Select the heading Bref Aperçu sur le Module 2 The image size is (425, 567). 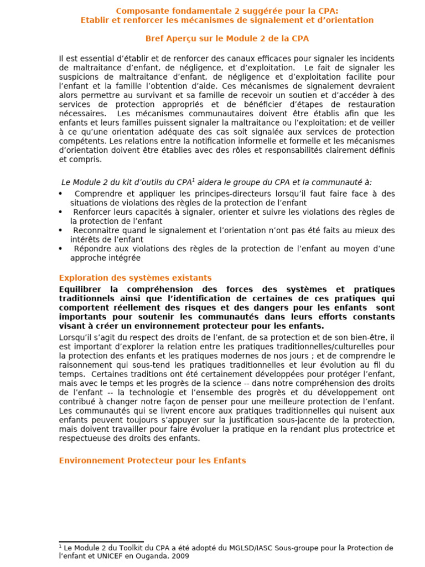[227, 39]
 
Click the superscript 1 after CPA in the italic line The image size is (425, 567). [193, 179]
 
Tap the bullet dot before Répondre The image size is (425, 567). [60, 249]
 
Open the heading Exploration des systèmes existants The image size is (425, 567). [135, 278]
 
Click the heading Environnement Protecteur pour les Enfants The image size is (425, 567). [152, 461]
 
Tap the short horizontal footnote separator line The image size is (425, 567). [101, 542]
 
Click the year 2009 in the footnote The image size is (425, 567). [178, 556]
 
